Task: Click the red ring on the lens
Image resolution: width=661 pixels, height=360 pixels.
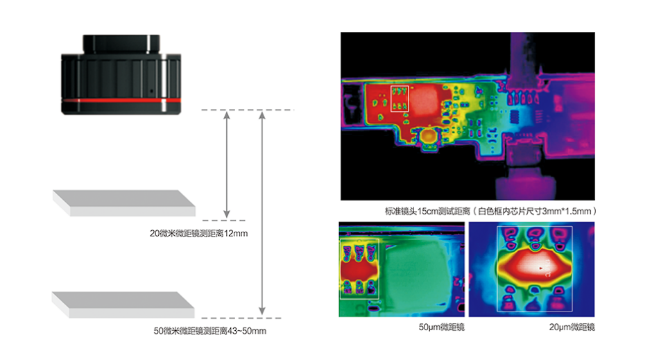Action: (121, 101)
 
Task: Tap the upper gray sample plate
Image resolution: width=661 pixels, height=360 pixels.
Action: (124, 203)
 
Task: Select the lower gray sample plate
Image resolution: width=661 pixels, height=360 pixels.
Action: (123, 305)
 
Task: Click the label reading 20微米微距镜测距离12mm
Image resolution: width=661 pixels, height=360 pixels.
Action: (198, 234)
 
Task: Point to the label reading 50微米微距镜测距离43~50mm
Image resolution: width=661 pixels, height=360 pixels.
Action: (209, 331)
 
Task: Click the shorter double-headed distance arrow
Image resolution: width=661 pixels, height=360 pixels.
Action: (227, 165)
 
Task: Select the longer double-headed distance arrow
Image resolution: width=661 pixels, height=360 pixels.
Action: (261, 214)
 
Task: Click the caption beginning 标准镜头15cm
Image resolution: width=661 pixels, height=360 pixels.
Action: (490, 211)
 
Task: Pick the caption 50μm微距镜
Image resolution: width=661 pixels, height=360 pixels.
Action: (441, 327)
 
